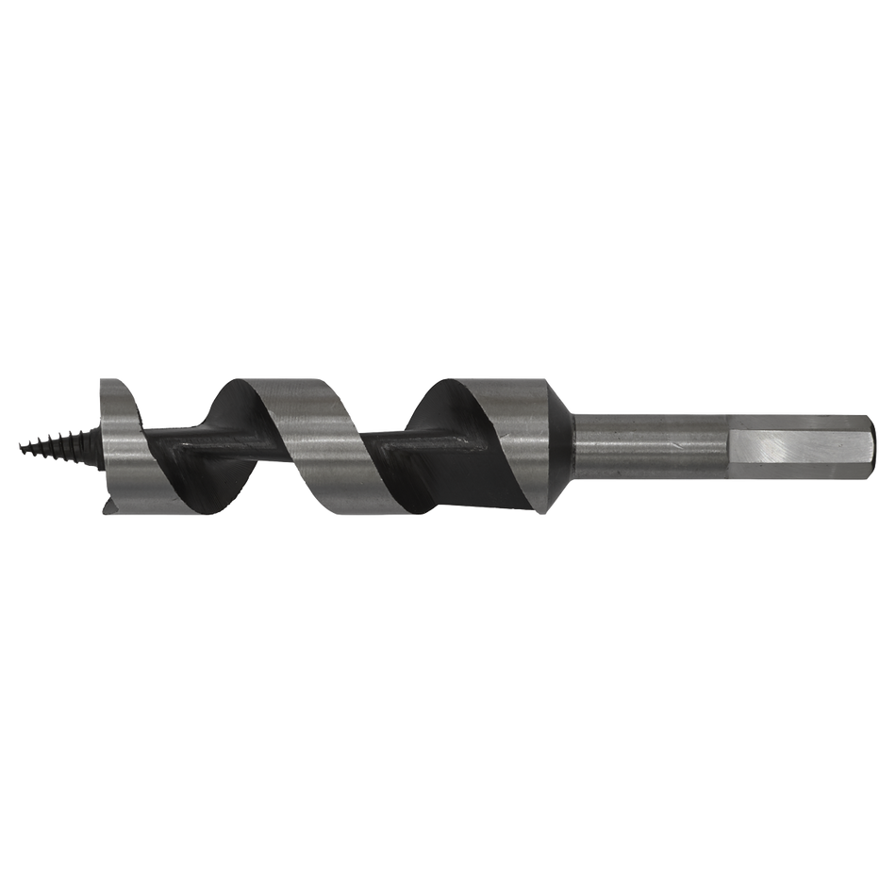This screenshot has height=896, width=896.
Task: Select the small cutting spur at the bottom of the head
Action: (x=106, y=510)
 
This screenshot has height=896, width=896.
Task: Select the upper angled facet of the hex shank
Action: (x=802, y=418)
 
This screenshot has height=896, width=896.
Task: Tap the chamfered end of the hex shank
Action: (x=869, y=442)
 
